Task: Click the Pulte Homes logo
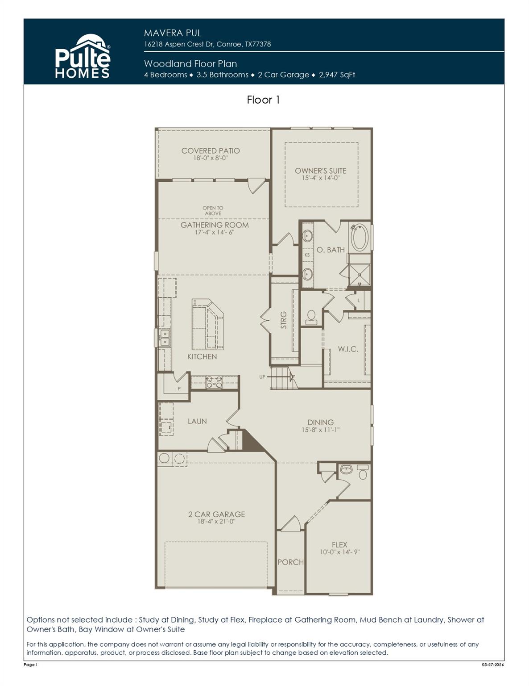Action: tap(83, 57)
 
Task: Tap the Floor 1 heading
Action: tap(263, 100)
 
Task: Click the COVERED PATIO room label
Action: tap(211, 151)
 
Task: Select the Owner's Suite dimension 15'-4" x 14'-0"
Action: tap(320, 178)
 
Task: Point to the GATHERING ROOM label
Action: tap(215, 225)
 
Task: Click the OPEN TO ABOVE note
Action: tap(213, 211)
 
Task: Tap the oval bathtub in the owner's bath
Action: tap(359, 238)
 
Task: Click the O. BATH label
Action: tap(331, 250)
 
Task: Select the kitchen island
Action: tap(207, 324)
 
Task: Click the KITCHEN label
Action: tap(202, 356)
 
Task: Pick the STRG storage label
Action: tap(284, 320)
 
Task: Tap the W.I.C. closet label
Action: tap(348, 349)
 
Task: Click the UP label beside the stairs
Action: tap(262, 377)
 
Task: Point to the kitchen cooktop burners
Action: tap(214, 383)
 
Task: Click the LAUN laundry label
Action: tap(197, 421)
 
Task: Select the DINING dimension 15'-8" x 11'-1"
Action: tap(320, 430)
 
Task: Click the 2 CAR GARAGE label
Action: tap(216, 514)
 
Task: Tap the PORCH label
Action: tap(290, 562)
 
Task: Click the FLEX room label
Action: tap(339, 544)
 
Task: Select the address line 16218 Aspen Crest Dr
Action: tap(207, 44)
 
